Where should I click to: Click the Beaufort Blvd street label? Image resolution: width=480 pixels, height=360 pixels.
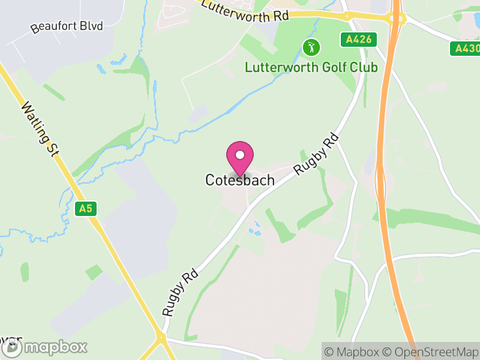tap(67, 26)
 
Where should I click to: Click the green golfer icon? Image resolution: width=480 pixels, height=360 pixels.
tap(311, 47)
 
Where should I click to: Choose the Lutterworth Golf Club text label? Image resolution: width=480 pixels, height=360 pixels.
tap(311, 67)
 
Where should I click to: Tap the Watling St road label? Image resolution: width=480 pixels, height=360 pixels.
tap(39, 130)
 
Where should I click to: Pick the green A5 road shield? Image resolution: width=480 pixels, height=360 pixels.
tap(86, 209)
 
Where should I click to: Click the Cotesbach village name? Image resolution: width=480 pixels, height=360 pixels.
tap(240, 180)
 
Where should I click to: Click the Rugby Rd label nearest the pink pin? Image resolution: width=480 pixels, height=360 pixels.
tap(317, 154)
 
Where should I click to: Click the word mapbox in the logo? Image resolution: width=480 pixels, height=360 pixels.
tap(55, 347)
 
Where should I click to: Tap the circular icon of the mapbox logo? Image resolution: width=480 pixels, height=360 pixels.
tap(13, 347)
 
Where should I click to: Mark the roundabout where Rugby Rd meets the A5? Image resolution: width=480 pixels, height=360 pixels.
tap(161, 339)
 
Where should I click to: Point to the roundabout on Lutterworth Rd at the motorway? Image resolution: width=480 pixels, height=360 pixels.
tap(396, 19)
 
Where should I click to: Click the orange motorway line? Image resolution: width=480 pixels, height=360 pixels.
tap(383, 180)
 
